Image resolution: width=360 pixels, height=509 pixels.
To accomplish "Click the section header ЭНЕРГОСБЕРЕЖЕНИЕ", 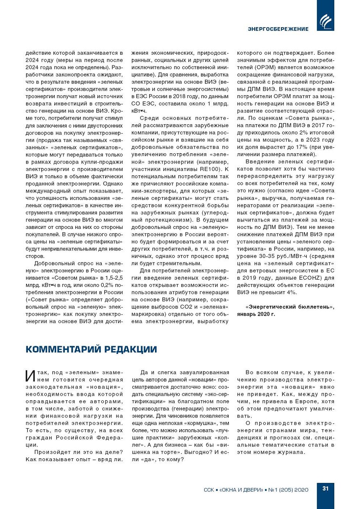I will pyautogui.click(x=278, y=29).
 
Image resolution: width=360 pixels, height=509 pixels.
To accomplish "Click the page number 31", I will pyautogui.click(x=325, y=488).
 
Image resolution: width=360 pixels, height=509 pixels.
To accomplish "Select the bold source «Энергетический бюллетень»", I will pyautogui.click(x=290, y=307).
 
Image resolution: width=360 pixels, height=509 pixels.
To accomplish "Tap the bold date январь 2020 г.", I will pyautogui.click(x=256, y=314).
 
